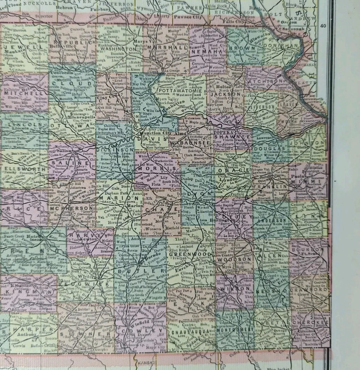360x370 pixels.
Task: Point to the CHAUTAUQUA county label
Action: (191, 331)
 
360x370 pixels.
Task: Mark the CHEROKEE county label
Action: (311, 322)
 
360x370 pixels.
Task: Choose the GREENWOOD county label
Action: (191, 255)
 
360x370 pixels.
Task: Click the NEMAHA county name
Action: (208, 51)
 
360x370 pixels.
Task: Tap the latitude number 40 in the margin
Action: (323, 26)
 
